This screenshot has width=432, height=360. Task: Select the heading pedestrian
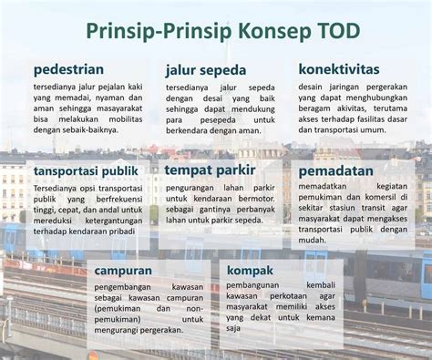pyautogui.click(x=68, y=69)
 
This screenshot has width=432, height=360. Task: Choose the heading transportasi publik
pyautogui.click(x=86, y=170)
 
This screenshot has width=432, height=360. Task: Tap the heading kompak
pyautogui.click(x=250, y=270)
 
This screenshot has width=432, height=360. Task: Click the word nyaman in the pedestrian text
pyautogui.click(x=112, y=97)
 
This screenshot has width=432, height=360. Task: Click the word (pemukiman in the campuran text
pyautogui.click(x=117, y=309)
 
